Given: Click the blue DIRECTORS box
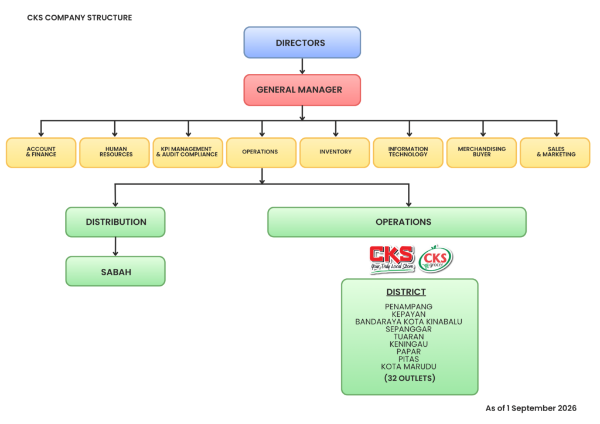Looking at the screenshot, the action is (302, 42).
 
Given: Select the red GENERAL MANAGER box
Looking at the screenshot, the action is (302, 90).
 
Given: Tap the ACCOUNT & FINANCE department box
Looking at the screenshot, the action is (41, 152).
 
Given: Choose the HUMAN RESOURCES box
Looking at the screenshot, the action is (114, 152).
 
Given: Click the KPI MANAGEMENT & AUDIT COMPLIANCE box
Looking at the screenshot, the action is (188, 152).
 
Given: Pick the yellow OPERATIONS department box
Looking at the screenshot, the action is (261, 152).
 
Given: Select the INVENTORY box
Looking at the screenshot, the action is (335, 152).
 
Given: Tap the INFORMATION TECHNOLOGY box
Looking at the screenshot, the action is (408, 152).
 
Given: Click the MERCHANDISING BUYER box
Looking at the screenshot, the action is (482, 152).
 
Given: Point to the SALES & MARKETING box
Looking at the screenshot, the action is (555, 152).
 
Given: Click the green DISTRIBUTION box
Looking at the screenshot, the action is (115, 222).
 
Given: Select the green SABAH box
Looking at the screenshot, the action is (115, 271).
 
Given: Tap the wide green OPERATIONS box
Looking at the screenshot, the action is (397, 222).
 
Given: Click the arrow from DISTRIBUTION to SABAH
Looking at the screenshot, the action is (115, 247).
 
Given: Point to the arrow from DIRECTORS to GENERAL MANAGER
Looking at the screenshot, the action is (302, 66).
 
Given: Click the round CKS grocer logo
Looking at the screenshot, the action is (435, 259).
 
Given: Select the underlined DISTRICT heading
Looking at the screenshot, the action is (406, 292).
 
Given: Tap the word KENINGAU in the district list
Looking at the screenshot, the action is (408, 344).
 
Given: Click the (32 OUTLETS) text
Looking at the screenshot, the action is (410, 378).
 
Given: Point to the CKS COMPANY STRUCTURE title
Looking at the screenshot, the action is (80, 18).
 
